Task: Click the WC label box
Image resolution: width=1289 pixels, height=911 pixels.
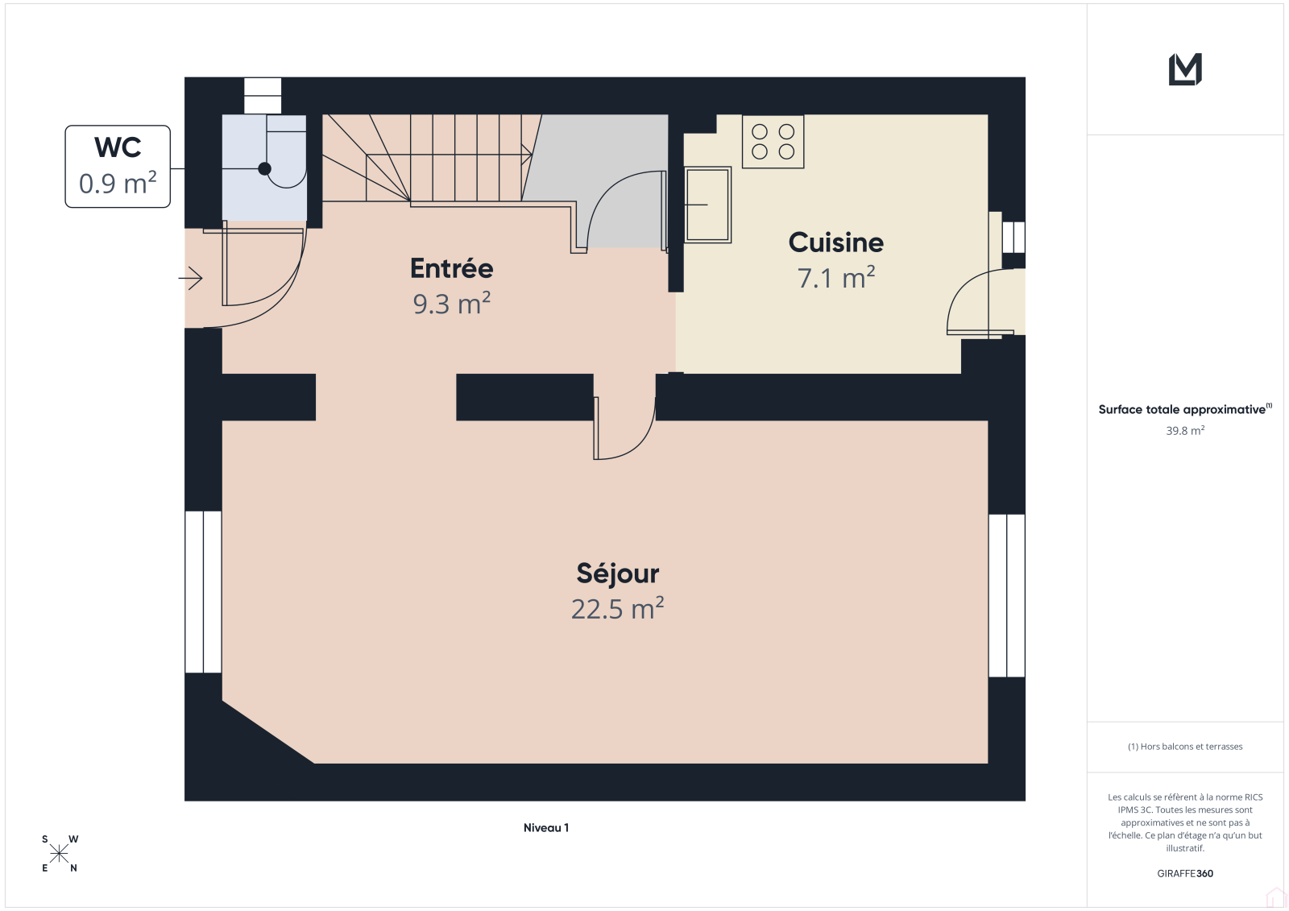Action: [118, 166]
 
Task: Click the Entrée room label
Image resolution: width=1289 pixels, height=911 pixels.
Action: [452, 269]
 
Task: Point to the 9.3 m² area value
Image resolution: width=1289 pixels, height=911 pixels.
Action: [452, 304]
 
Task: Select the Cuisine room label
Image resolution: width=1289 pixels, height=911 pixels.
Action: [835, 242]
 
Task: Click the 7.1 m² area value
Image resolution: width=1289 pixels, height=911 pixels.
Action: [835, 277]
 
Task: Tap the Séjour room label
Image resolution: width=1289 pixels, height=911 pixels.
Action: [617, 574]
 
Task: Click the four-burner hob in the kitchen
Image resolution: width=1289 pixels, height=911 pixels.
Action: [773, 142]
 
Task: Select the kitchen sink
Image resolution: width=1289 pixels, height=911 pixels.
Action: [708, 205]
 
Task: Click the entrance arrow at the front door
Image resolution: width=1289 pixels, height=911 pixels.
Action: [190, 279]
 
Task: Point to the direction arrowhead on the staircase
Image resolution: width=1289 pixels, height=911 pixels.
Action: [527, 154]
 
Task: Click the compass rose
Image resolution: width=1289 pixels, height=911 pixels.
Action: [60, 854]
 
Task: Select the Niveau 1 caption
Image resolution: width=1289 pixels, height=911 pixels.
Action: [546, 827]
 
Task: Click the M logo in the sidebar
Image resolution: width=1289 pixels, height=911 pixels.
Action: [1185, 69]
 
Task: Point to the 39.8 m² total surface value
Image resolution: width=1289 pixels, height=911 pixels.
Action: [1185, 430]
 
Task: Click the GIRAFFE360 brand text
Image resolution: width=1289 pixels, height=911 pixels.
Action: [1185, 873]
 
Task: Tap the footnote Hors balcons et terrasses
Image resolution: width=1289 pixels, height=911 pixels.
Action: [1185, 747]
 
